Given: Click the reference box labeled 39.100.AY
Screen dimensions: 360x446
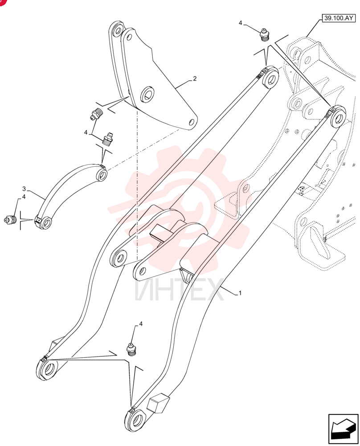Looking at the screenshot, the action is point(339,18).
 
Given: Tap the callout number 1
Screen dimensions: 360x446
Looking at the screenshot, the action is point(240,293).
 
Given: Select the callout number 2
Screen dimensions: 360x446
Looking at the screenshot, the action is point(195,78).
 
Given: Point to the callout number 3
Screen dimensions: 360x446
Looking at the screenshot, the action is point(24,189).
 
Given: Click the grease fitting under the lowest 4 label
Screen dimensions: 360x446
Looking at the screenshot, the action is point(131,349).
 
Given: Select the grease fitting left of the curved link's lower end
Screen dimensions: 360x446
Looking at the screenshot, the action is point(10,219).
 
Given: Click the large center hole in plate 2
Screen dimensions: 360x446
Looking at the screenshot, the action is point(148,94).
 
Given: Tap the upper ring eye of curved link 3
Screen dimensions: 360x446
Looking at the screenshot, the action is point(101,174).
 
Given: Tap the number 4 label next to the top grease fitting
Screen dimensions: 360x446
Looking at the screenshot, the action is point(241,23).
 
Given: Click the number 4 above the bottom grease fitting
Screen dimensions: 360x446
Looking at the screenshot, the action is point(141,324).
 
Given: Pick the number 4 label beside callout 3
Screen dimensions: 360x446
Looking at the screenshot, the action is point(24,197).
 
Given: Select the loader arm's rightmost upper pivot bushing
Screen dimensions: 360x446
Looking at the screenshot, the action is point(336,117).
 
